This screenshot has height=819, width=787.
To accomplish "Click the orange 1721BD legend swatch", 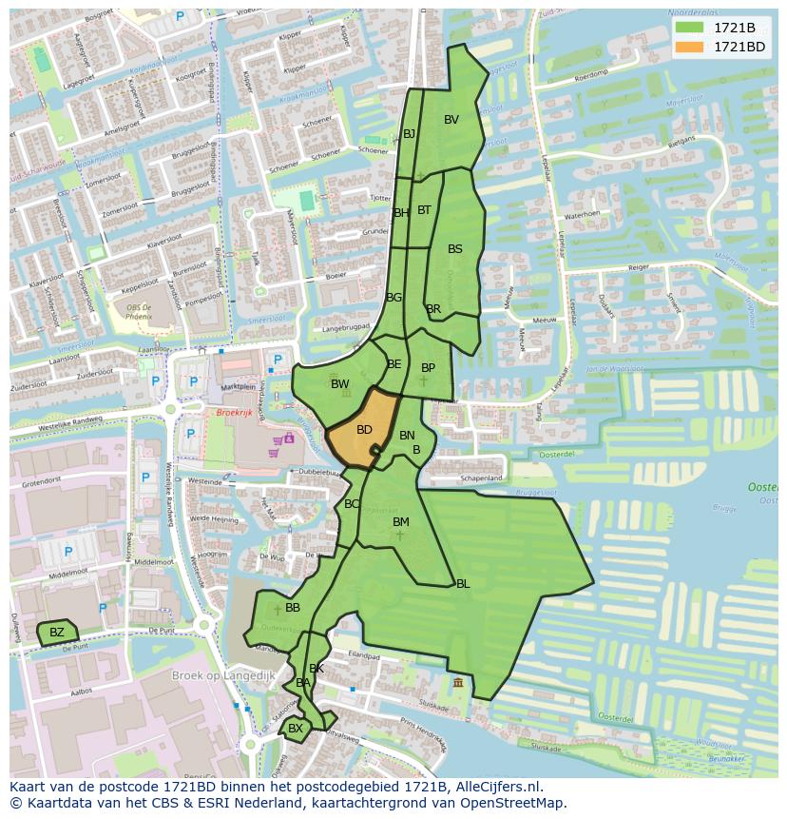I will click(689, 47).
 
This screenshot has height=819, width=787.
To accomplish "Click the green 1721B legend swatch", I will click(689, 28).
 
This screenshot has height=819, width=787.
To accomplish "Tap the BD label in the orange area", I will click(364, 430).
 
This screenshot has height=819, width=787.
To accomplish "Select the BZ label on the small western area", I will click(57, 633).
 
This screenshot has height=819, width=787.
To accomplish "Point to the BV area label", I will click(451, 120).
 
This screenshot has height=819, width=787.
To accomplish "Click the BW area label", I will click(339, 384).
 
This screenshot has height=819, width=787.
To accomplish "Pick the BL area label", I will click(463, 584).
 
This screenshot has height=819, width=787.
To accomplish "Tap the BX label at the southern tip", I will click(295, 729).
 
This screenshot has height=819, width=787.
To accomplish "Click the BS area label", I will click(455, 249).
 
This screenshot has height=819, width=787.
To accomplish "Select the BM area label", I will click(401, 522).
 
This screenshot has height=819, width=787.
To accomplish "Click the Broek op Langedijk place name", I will click(223, 675).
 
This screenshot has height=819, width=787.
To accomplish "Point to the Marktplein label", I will click(238, 387).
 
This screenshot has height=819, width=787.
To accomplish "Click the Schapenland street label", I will click(481, 478).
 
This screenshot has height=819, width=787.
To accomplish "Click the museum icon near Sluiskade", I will click(459, 683).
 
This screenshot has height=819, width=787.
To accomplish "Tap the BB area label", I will click(293, 608).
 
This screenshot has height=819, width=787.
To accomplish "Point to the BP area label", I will click(428, 368).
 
